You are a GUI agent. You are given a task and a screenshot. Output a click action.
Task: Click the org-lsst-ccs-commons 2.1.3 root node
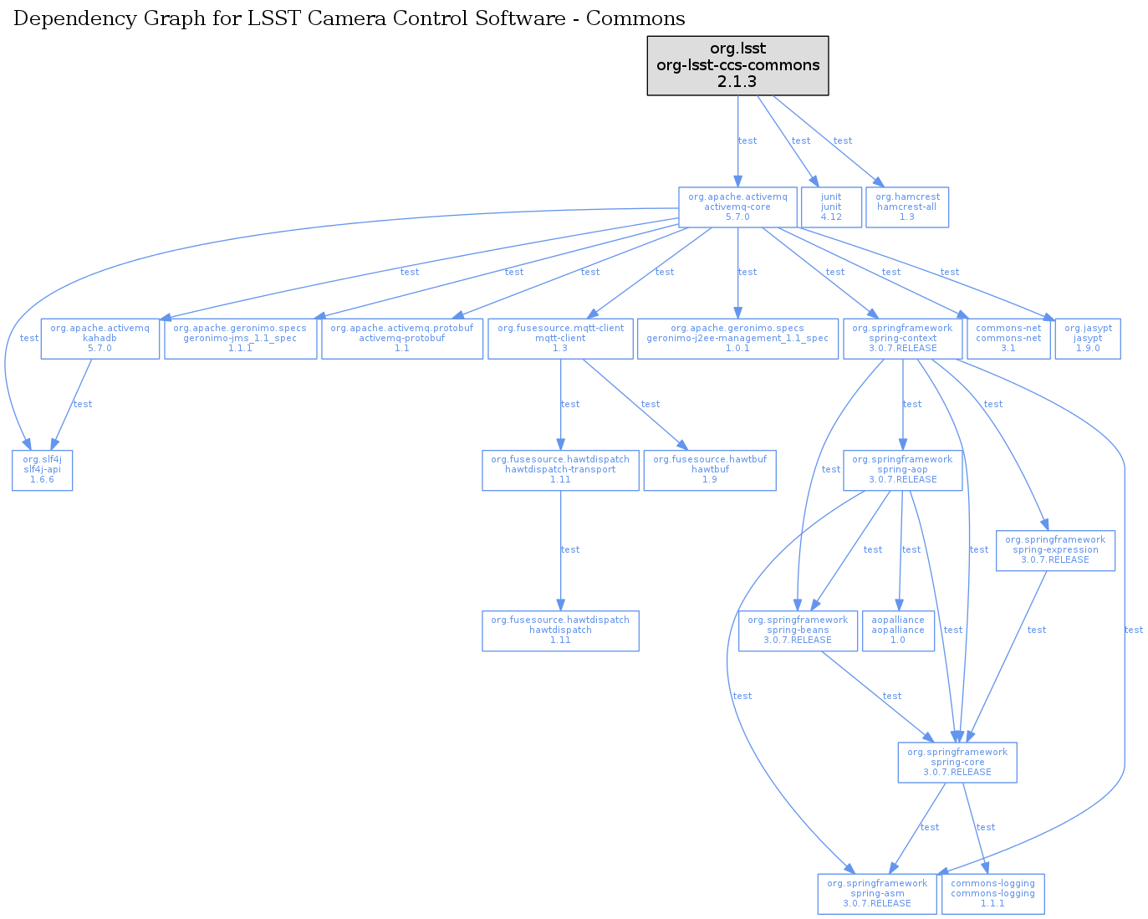(737, 65)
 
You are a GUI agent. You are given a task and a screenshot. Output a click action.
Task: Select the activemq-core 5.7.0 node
(737, 207)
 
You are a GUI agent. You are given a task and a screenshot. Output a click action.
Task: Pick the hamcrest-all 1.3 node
(907, 207)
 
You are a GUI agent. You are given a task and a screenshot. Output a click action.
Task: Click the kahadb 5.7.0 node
(100, 339)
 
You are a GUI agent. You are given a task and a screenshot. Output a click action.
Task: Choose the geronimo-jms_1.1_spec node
(240, 339)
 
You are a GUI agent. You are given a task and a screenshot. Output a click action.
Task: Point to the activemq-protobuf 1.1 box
(401, 339)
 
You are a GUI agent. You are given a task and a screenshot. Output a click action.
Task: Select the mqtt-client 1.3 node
(560, 339)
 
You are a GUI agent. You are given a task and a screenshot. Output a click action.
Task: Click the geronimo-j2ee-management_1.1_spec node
(737, 339)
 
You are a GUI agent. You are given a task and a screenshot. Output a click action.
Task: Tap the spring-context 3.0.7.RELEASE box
(903, 339)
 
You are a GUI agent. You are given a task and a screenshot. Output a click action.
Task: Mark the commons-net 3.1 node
(1008, 339)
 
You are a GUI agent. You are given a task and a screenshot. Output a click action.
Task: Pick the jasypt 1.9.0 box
(1088, 339)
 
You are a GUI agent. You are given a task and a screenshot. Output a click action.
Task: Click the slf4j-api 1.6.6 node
(42, 470)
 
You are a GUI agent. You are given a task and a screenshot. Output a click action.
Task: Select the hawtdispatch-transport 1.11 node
(560, 470)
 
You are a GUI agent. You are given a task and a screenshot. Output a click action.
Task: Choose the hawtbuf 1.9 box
(710, 470)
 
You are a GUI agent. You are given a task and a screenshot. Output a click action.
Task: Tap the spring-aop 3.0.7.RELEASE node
(902, 470)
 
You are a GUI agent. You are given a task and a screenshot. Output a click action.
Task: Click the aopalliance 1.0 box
(898, 631)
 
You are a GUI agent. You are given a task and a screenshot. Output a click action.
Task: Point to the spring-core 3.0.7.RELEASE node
(957, 763)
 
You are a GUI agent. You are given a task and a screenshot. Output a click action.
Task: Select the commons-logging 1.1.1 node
(993, 894)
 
